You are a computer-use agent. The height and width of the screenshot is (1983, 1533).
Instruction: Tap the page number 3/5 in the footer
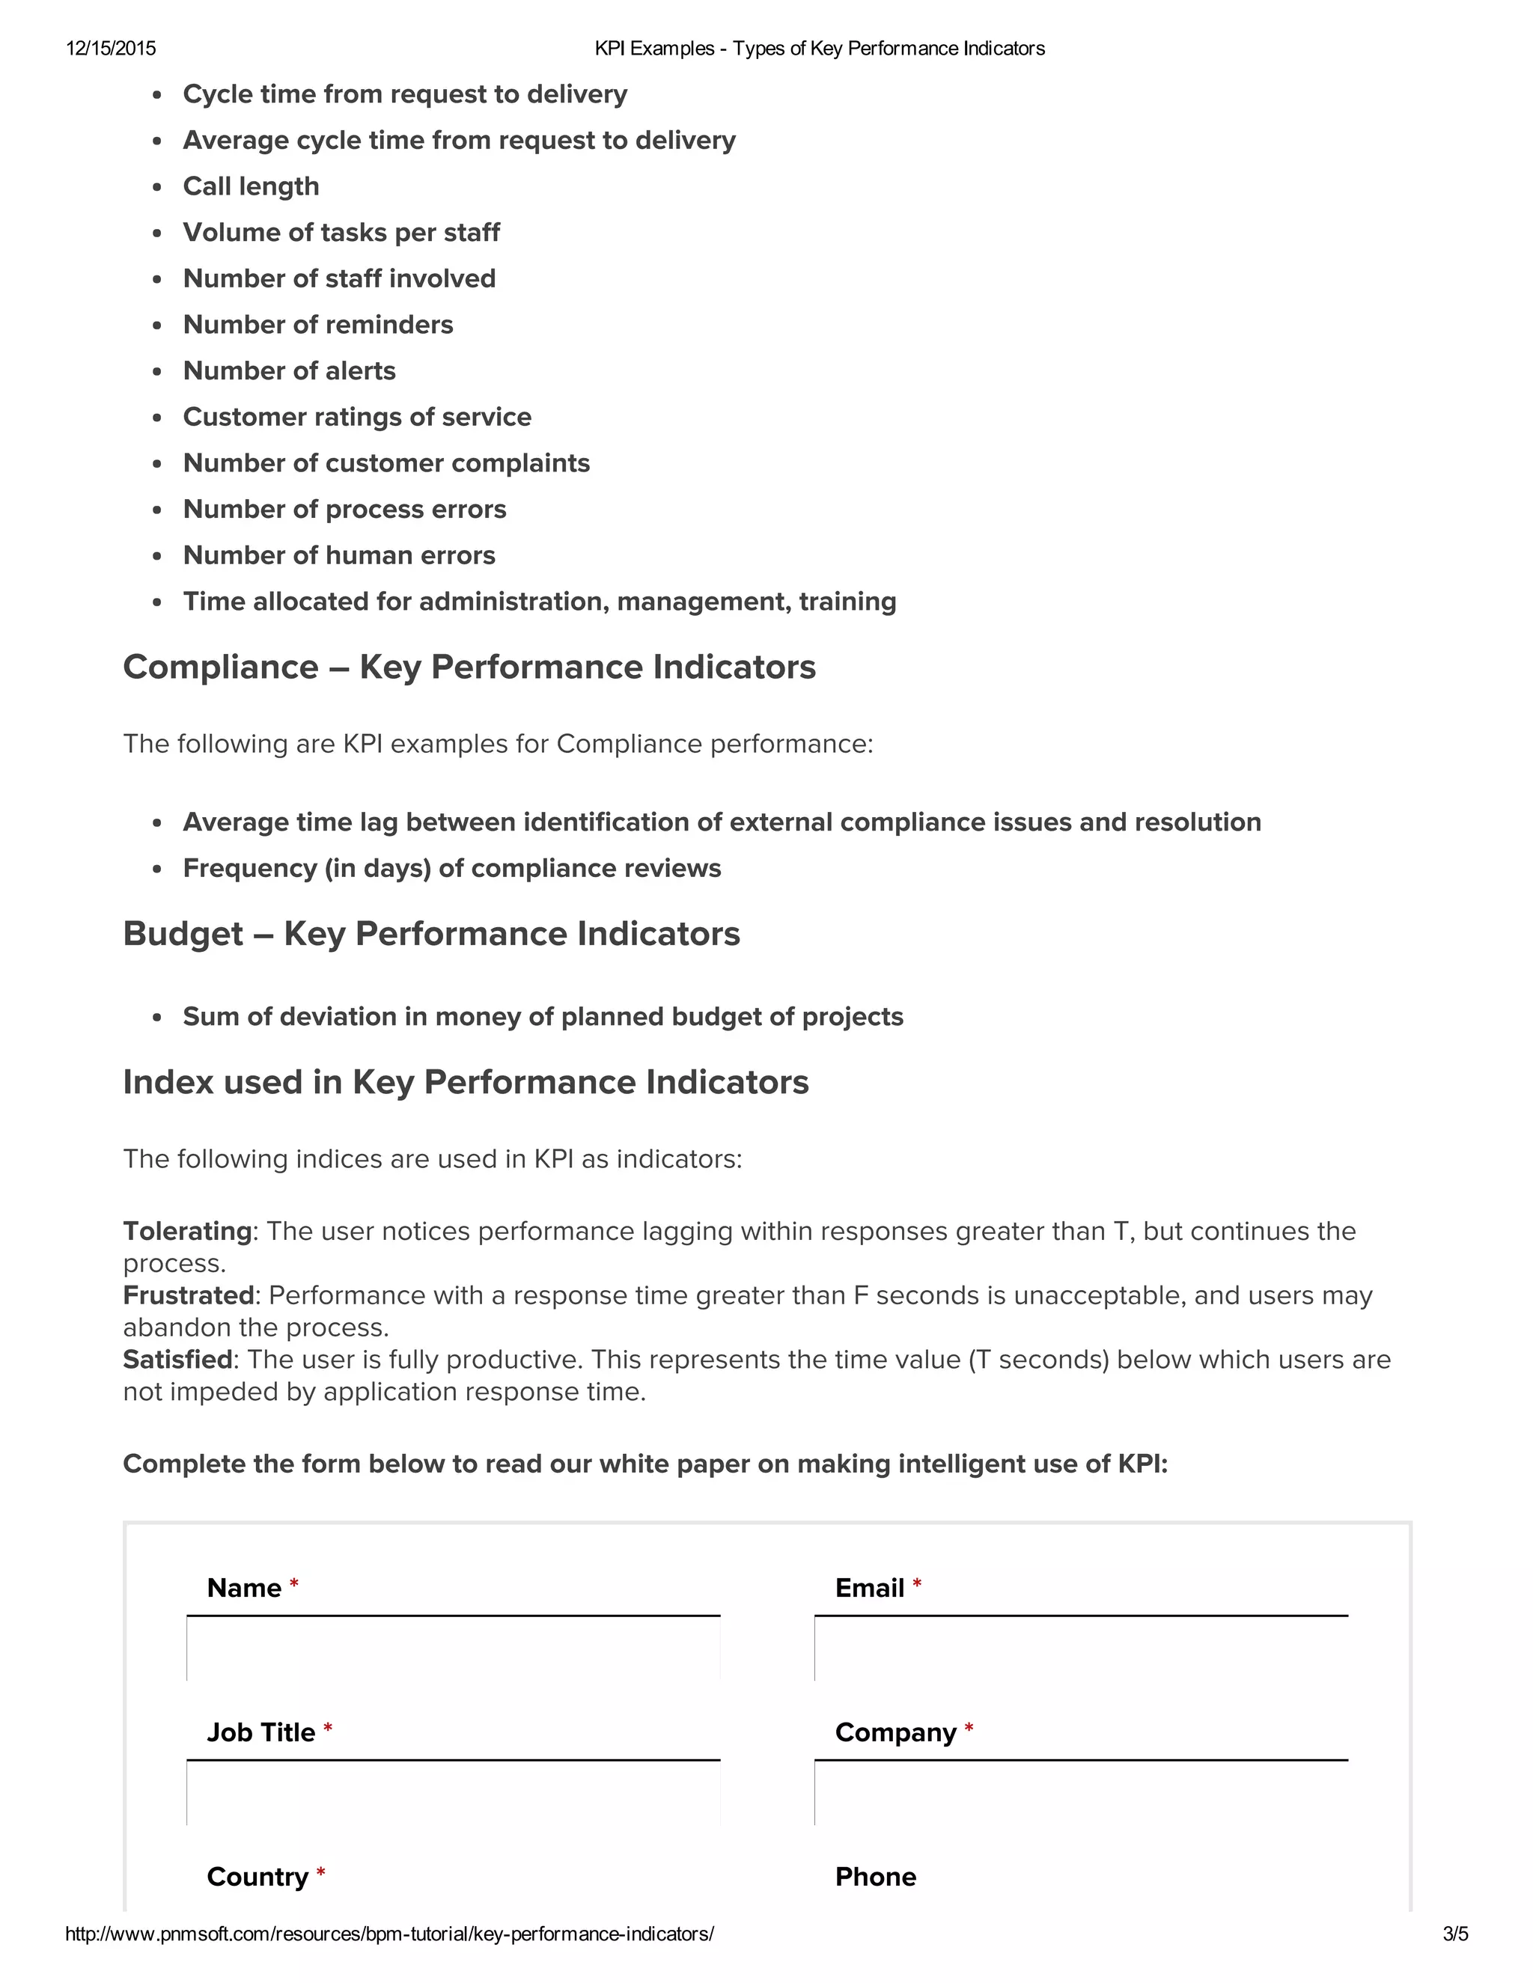1455,1934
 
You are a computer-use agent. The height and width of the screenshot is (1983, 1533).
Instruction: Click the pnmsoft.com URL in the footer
389,1934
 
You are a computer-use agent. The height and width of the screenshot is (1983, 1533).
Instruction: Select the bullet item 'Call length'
251,186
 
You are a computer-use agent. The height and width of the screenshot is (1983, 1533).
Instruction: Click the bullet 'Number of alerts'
289,370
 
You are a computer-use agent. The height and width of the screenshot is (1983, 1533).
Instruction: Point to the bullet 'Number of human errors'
339,554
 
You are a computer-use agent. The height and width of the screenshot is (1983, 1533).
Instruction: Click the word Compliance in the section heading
221,667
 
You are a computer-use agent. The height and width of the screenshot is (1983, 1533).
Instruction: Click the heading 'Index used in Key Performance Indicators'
465,1082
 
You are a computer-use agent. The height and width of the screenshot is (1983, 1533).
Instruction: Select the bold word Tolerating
187,1231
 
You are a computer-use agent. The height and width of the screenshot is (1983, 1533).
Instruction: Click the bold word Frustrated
188,1295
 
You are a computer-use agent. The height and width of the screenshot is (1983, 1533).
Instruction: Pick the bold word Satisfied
178,1359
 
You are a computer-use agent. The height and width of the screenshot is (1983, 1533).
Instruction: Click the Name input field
453,1649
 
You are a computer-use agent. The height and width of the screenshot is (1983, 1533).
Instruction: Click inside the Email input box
1081,1649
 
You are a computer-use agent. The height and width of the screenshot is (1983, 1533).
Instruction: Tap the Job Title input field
453,1793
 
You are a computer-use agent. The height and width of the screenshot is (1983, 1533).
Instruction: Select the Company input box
1081,1793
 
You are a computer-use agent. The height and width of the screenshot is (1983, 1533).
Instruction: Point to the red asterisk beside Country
320,1873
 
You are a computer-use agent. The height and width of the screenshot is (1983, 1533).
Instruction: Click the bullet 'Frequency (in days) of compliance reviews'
451,868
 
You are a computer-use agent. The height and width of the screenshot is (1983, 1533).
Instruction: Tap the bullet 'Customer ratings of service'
357,417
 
